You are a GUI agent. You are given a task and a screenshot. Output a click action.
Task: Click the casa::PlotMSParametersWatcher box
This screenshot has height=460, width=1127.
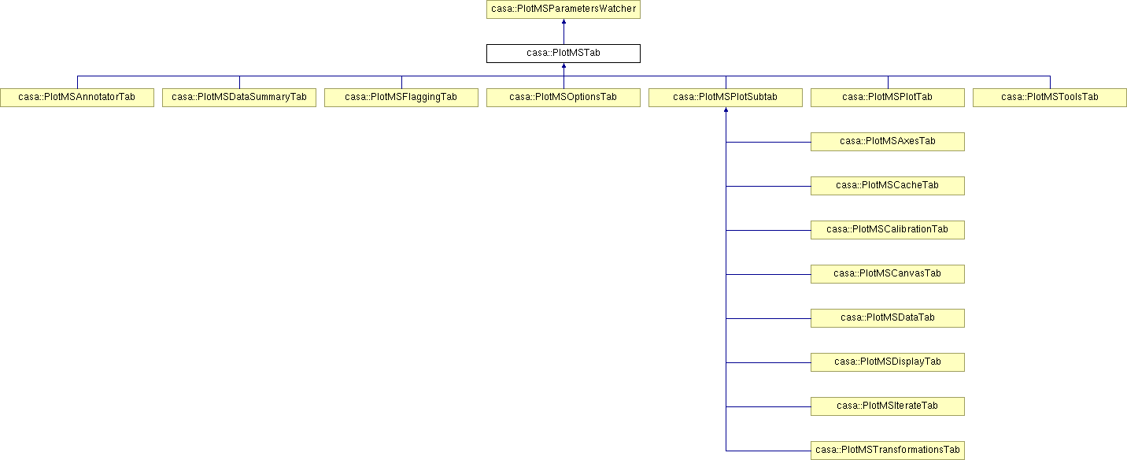(563, 9)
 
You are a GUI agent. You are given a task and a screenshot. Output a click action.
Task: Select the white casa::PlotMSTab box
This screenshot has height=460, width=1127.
(563, 54)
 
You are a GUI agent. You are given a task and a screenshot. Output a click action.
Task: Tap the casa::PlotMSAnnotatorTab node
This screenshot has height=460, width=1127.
(77, 98)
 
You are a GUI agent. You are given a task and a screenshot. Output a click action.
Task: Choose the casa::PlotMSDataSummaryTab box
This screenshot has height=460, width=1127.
(239, 98)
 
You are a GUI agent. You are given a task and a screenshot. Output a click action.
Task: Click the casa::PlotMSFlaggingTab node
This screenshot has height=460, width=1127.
(401, 98)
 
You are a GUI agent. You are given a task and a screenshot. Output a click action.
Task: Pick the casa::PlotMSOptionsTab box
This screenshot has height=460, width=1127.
(563, 98)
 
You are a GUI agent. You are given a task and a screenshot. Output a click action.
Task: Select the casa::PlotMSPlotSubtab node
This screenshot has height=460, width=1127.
(726, 98)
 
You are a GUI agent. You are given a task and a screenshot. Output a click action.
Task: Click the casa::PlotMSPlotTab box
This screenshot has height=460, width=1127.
(888, 98)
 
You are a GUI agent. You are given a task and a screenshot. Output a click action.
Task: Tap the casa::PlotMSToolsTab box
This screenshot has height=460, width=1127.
(1050, 98)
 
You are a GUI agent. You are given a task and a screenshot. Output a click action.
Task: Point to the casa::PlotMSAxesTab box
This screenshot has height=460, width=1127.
(888, 142)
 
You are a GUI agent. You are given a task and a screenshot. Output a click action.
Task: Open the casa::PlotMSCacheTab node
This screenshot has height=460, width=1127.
(888, 186)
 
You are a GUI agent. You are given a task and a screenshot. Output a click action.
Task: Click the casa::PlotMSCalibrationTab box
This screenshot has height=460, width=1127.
(888, 230)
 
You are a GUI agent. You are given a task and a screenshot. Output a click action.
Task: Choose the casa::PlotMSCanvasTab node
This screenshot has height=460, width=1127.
(888, 274)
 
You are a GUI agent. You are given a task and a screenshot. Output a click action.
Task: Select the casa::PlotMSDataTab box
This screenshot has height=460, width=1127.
(888, 318)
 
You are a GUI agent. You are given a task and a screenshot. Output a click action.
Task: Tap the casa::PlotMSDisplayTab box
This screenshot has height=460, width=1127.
(888, 362)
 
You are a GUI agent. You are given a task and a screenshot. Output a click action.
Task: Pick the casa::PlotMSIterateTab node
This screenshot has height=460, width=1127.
(888, 406)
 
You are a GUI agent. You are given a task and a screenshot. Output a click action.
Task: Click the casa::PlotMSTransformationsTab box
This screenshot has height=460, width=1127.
(888, 451)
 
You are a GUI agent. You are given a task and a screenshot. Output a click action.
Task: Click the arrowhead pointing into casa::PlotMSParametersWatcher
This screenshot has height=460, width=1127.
(563, 21)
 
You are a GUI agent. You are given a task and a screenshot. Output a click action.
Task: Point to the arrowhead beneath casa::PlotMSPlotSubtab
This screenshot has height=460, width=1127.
(726, 109)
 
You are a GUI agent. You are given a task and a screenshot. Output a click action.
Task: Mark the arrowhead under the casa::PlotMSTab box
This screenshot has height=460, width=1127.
(563, 66)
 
